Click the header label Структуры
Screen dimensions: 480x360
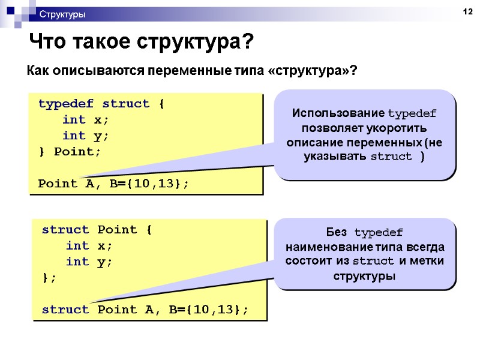62,14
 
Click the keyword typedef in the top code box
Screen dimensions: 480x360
65,104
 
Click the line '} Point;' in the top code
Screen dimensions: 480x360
70,151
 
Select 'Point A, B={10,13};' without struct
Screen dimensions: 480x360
113,184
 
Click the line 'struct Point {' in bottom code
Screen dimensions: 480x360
98,229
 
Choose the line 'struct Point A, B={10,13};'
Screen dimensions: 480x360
145,310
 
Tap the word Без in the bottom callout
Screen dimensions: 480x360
338,232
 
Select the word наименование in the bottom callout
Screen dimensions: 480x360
321,247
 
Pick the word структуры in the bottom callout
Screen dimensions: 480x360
364,277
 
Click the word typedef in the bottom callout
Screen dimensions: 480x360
379,232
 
